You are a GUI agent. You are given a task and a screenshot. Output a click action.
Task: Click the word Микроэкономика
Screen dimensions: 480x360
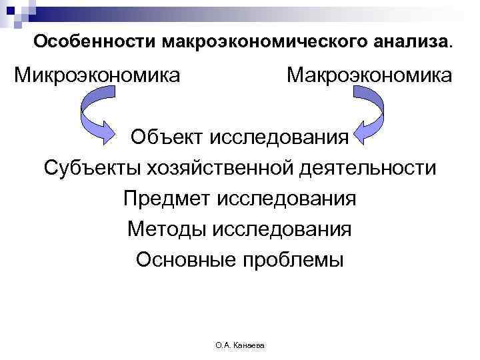[x=97, y=75]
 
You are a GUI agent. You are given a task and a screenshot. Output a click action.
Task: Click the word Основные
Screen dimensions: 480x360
[x=183, y=259]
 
